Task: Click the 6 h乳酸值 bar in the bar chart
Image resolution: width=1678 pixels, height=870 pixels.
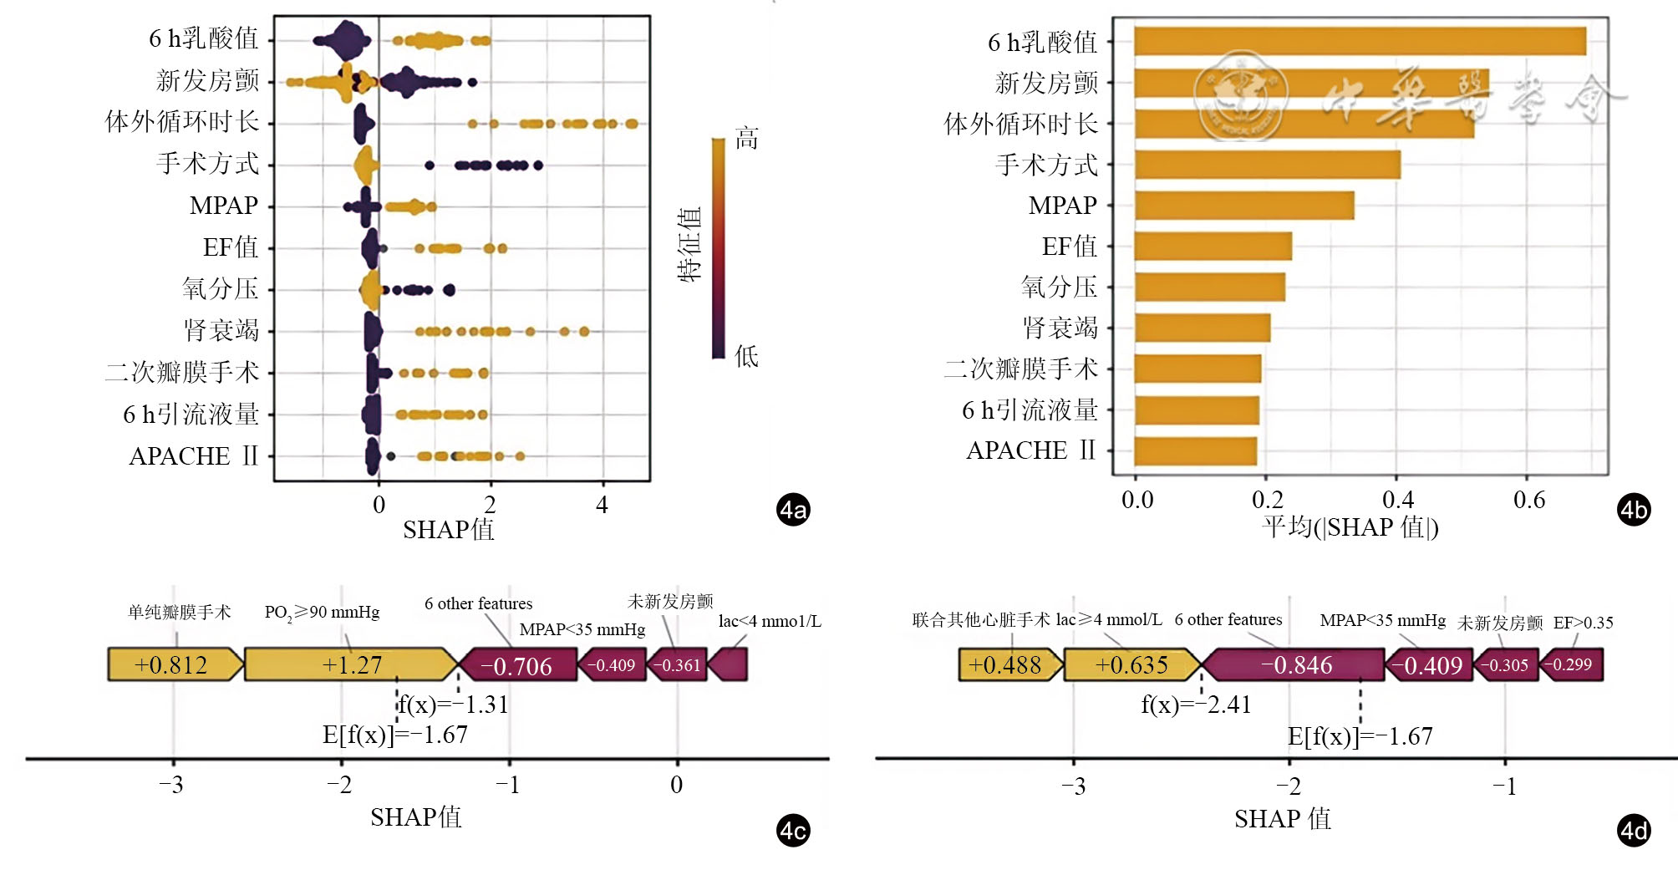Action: click(1360, 42)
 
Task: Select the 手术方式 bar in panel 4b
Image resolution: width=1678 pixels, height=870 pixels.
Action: click(1267, 165)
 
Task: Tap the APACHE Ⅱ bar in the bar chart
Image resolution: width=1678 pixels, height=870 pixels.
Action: click(1196, 451)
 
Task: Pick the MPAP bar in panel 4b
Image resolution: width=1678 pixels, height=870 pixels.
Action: click(1244, 206)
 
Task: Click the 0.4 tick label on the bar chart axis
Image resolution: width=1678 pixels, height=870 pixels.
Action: click(1398, 500)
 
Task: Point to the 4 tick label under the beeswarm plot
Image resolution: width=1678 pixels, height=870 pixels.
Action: click(602, 505)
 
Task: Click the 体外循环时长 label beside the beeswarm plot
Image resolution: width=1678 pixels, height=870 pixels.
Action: click(182, 122)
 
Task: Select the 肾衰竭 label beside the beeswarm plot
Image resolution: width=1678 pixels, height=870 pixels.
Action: click(221, 330)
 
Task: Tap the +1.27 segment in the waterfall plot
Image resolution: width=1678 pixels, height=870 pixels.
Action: click(352, 665)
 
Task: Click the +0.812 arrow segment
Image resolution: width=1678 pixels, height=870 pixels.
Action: click(172, 665)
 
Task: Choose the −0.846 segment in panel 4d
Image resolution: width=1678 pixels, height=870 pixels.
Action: click(1296, 665)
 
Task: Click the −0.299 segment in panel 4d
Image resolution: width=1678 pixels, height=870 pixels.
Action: click(1572, 665)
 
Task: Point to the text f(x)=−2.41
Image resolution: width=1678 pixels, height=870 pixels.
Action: click(1196, 705)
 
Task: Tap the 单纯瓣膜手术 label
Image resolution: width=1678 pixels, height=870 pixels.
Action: click(179, 613)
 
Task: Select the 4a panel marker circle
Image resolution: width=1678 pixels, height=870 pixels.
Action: click(793, 510)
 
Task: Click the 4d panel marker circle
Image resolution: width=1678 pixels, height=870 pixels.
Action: click(1634, 831)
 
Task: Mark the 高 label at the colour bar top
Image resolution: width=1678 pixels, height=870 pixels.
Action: click(746, 139)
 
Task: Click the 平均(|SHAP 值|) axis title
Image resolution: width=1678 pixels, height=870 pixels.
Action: click(1350, 527)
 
